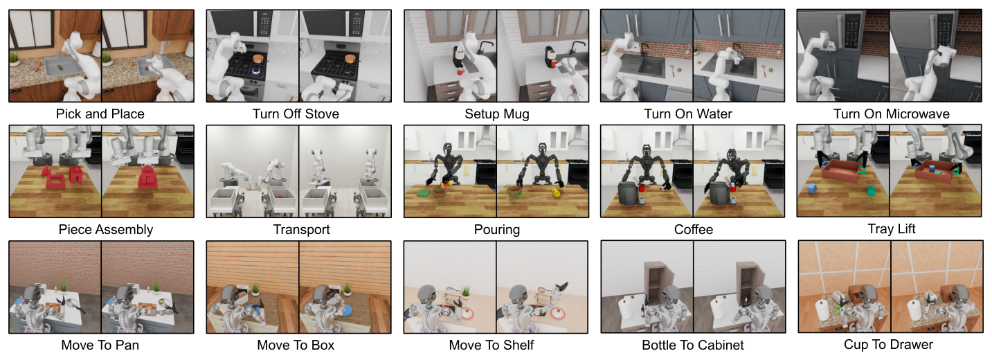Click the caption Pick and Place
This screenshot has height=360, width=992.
click(100, 114)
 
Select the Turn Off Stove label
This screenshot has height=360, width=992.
click(296, 114)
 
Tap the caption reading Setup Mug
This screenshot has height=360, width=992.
click(497, 114)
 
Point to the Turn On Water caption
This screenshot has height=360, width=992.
click(688, 114)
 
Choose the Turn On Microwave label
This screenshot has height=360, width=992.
click(892, 114)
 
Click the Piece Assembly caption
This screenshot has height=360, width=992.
click(106, 229)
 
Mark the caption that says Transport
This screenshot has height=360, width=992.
click(302, 229)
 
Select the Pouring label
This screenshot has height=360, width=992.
click(497, 229)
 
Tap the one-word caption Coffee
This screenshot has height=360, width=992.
click(694, 229)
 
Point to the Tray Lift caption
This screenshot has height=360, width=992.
click(892, 229)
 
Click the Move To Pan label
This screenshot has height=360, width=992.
click(100, 345)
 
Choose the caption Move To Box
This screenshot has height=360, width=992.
click(296, 345)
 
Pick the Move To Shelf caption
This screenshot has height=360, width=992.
click(492, 345)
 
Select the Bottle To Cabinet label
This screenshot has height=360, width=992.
click(693, 345)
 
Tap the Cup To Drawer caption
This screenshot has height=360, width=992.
click(888, 345)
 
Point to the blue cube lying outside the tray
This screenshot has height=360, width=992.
click(812, 188)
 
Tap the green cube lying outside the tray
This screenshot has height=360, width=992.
click(871, 191)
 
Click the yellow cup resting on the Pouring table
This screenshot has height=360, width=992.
click(556, 192)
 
